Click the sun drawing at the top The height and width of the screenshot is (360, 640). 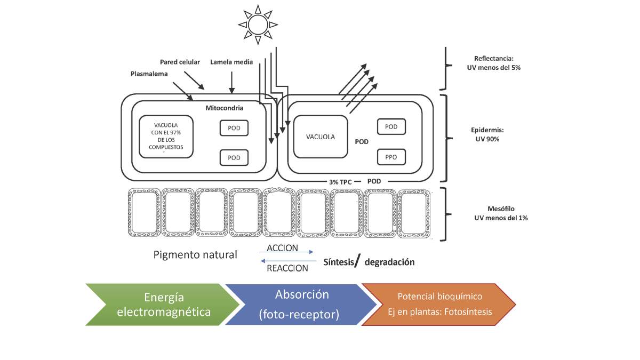(x=258, y=25)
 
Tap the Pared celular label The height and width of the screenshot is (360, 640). (x=180, y=62)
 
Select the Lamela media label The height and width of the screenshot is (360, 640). (x=231, y=62)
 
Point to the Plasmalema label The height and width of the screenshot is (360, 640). (x=149, y=74)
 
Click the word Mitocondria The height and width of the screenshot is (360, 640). (x=225, y=108)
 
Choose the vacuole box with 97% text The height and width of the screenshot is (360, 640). (x=166, y=137)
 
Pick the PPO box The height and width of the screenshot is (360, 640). (x=391, y=157)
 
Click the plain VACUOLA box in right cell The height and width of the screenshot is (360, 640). (x=321, y=137)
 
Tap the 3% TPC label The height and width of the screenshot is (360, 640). (x=340, y=182)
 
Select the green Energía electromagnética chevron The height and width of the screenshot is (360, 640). (x=163, y=305)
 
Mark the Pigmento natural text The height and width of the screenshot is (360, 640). (x=195, y=254)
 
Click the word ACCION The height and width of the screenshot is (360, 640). (x=282, y=247)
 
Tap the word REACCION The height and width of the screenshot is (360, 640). (x=287, y=268)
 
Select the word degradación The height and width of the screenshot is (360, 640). (x=389, y=262)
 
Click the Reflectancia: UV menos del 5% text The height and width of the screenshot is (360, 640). (x=494, y=63)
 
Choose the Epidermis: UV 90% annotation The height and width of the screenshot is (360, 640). (x=487, y=134)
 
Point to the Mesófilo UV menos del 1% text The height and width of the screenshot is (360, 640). (x=501, y=213)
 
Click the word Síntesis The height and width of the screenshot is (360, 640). (x=339, y=262)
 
